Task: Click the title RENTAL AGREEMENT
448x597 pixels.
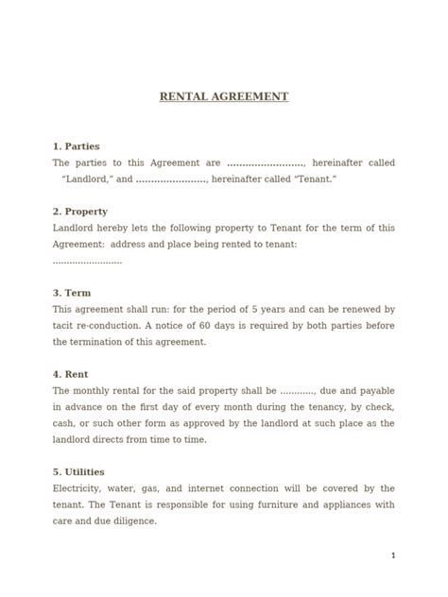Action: [224, 96]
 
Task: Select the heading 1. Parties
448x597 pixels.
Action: [77, 146]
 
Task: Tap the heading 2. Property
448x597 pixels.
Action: [80, 212]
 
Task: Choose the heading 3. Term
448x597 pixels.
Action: [73, 293]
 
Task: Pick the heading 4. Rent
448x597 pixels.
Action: [71, 374]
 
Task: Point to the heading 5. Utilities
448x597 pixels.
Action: [78, 471]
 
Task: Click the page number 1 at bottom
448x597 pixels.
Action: [393, 555]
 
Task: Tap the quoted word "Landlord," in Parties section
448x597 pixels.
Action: [87, 179]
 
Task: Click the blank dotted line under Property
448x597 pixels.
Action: [88, 260]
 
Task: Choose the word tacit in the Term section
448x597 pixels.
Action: [65, 325]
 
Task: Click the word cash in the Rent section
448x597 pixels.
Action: [65, 423]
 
